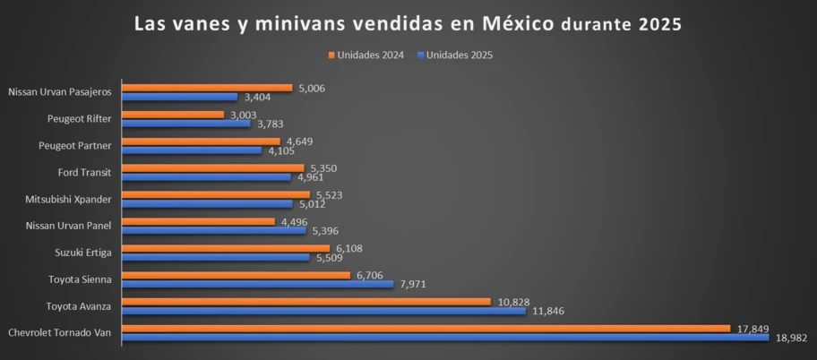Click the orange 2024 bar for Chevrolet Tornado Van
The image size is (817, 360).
pos(426,329)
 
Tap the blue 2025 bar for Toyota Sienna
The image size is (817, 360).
pos(257,284)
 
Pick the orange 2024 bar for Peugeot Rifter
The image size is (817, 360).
pos(173,115)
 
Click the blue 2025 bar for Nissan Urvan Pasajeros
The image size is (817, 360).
pos(179,97)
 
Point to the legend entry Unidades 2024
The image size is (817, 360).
pos(366,55)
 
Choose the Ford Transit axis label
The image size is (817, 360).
pos(85,172)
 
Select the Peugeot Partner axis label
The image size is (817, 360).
pos(75,145)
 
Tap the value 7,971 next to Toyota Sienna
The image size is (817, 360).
pos(414,285)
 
